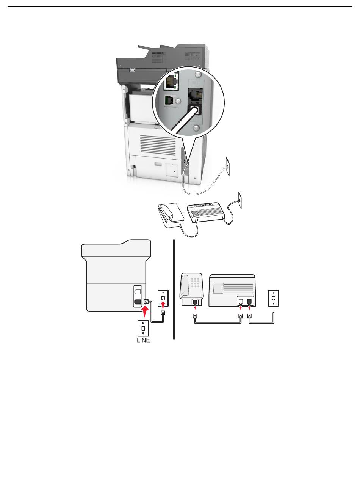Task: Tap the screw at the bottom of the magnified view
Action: [x=196, y=129]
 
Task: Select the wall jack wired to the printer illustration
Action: [x=227, y=163]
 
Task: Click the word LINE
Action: [x=143, y=340]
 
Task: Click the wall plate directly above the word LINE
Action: [x=143, y=327]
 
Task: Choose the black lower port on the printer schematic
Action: [x=138, y=303]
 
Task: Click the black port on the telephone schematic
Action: [x=195, y=302]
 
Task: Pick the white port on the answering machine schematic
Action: [x=240, y=302]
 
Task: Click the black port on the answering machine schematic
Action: [x=249, y=302]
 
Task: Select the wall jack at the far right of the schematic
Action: [x=274, y=297]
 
